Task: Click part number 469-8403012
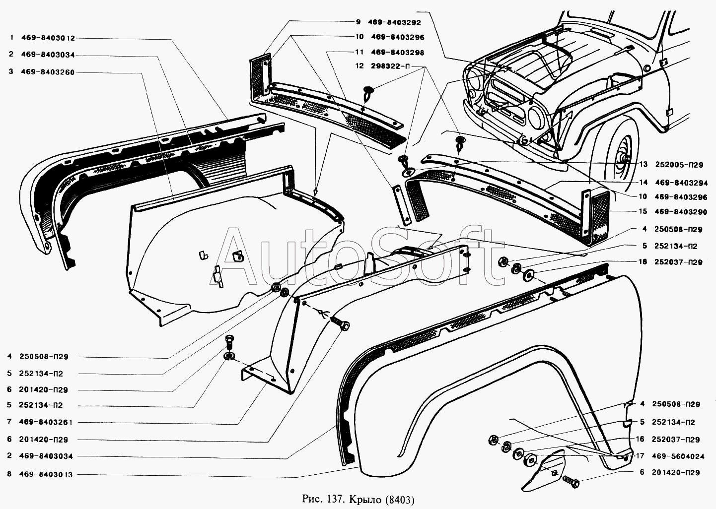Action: coord(48,38)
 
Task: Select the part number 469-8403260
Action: coord(48,72)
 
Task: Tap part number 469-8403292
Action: coord(394,22)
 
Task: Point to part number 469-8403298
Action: coord(397,52)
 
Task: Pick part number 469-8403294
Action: coord(681,183)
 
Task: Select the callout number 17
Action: coord(640,456)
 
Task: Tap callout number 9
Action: coord(358,22)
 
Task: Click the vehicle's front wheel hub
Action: coord(623,159)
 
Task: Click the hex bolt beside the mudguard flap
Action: coord(571,481)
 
